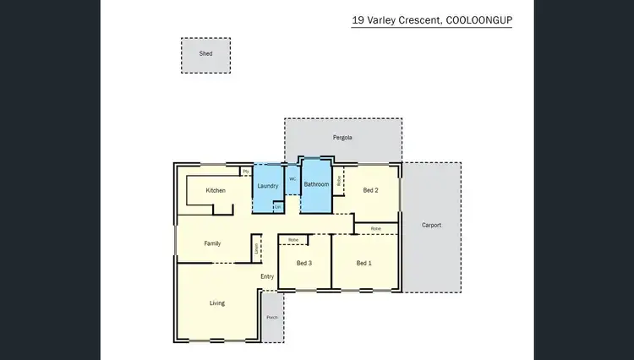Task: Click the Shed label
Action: [205, 53]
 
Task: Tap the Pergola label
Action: [342, 137]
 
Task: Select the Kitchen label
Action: [216, 190]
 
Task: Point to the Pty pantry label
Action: [246, 172]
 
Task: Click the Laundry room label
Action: [268, 185]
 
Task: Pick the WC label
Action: [292, 179]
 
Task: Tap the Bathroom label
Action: [316, 184]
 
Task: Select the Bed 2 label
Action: [370, 190]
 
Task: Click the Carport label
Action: [431, 225]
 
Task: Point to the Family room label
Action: [212, 243]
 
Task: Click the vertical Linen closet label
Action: [256, 248]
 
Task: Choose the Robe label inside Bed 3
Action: [293, 240]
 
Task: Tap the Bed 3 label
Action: [304, 264]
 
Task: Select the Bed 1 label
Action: [363, 264]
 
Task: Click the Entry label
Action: [267, 276]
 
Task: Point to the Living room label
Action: [217, 303]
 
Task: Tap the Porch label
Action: [272, 318]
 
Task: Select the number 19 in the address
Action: [358, 19]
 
